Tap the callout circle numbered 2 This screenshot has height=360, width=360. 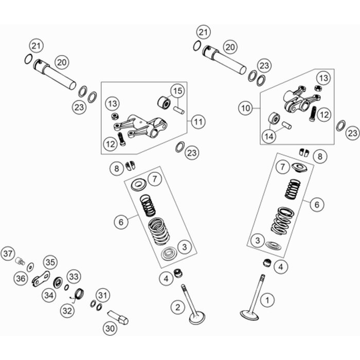click(177, 308)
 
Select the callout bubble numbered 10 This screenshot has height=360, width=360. click(245, 108)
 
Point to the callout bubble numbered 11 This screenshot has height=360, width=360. click(199, 122)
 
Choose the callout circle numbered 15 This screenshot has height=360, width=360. click(177, 92)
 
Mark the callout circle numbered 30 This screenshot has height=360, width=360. click(110, 327)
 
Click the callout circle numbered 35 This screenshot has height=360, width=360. click(48, 262)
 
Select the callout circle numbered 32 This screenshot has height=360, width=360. click(67, 310)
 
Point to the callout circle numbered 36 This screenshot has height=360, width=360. click(21, 278)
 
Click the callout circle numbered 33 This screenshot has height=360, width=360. click(74, 277)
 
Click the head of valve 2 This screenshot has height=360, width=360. click(197, 318)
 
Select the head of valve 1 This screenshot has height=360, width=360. click(249, 314)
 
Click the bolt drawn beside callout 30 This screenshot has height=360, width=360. click(118, 316)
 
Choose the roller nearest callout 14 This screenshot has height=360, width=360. click(274, 120)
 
